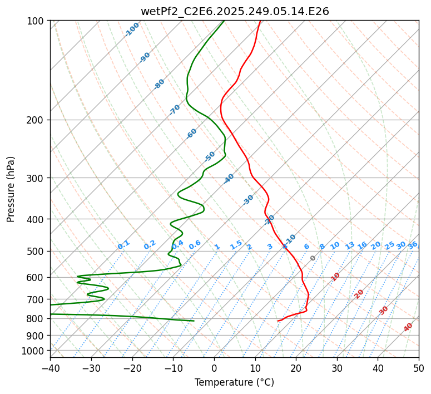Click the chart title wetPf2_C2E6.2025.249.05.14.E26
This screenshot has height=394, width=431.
(x=235, y=11)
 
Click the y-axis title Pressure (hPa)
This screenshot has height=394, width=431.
(x=11, y=189)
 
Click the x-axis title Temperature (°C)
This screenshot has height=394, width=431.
(x=234, y=382)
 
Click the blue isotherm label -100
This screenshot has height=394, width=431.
(x=132, y=29)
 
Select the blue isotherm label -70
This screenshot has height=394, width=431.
(x=175, y=109)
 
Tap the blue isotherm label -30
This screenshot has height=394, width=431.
(x=248, y=200)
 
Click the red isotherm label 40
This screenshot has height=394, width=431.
(x=408, y=327)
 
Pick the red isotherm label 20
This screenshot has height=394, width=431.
(x=359, y=294)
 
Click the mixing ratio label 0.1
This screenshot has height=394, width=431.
(x=123, y=244)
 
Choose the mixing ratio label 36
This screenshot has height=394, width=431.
(x=413, y=245)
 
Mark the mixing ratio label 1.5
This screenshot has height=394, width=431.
(x=236, y=244)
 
